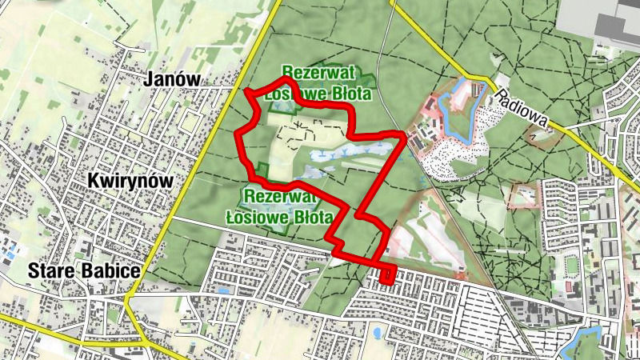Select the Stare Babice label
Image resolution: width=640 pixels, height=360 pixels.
point(84,270)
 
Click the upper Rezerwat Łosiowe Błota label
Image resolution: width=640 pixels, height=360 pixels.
point(326,82)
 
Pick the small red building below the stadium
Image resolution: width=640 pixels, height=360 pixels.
point(569,286)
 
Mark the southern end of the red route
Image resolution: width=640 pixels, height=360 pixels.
point(389,282)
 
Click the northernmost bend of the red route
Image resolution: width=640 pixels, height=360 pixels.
point(285,80)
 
